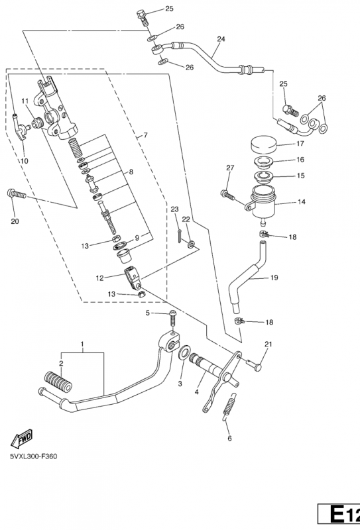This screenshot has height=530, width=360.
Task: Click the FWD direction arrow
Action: tap(22, 439)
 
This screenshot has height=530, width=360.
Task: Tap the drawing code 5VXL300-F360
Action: tap(34, 456)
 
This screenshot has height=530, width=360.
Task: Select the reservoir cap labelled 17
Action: tap(264, 144)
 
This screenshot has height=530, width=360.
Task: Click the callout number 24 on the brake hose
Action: tap(221, 39)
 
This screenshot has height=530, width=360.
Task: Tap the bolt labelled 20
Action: tap(16, 193)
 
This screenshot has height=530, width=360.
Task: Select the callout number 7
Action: tap(145, 136)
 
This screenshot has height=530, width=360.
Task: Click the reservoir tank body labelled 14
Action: tap(263, 203)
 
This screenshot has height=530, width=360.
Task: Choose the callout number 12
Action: tap(99, 278)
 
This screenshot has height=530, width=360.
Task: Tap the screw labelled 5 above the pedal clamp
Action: tap(173, 318)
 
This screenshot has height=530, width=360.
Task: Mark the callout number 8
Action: tap(131, 172)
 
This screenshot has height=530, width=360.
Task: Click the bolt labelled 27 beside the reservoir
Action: tap(228, 195)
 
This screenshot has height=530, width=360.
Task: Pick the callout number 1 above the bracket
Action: tap(82, 344)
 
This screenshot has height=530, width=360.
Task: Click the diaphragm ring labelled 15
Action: tap(264, 177)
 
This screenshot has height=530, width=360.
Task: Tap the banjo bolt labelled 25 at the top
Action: tap(143, 18)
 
